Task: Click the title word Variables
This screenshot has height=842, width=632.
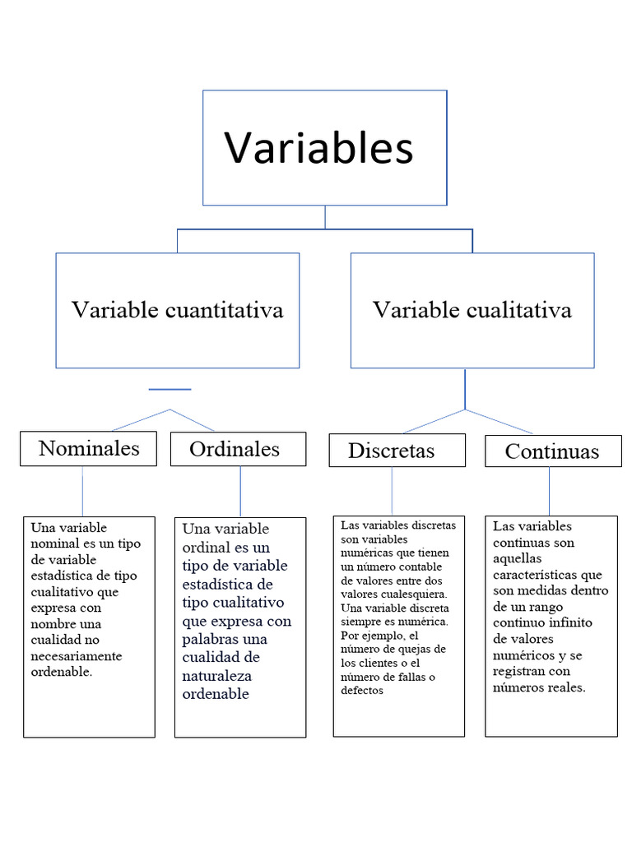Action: [319, 148]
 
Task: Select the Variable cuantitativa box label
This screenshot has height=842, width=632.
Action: [177, 310]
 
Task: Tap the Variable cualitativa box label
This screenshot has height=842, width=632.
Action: [472, 310]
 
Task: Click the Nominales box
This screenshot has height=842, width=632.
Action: [89, 449]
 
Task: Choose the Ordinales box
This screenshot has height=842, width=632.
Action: [235, 449]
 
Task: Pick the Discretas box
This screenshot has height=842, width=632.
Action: [391, 451]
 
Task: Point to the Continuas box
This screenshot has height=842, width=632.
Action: [552, 451]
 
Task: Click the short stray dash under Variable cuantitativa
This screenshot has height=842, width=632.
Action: [170, 389]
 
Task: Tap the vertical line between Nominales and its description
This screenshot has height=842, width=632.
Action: [82, 491]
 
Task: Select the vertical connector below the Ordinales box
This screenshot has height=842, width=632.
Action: [240, 491]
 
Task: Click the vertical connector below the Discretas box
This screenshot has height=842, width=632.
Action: [392, 491]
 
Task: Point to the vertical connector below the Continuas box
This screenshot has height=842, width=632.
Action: [550, 491]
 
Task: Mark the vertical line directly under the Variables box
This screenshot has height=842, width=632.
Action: [325, 217]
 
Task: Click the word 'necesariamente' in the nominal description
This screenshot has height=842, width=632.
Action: [76, 656]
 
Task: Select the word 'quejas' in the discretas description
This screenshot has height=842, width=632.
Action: [415, 650]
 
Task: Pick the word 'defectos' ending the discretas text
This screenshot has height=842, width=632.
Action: [362, 690]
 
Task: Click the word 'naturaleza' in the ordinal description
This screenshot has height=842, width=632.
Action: [216, 676]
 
